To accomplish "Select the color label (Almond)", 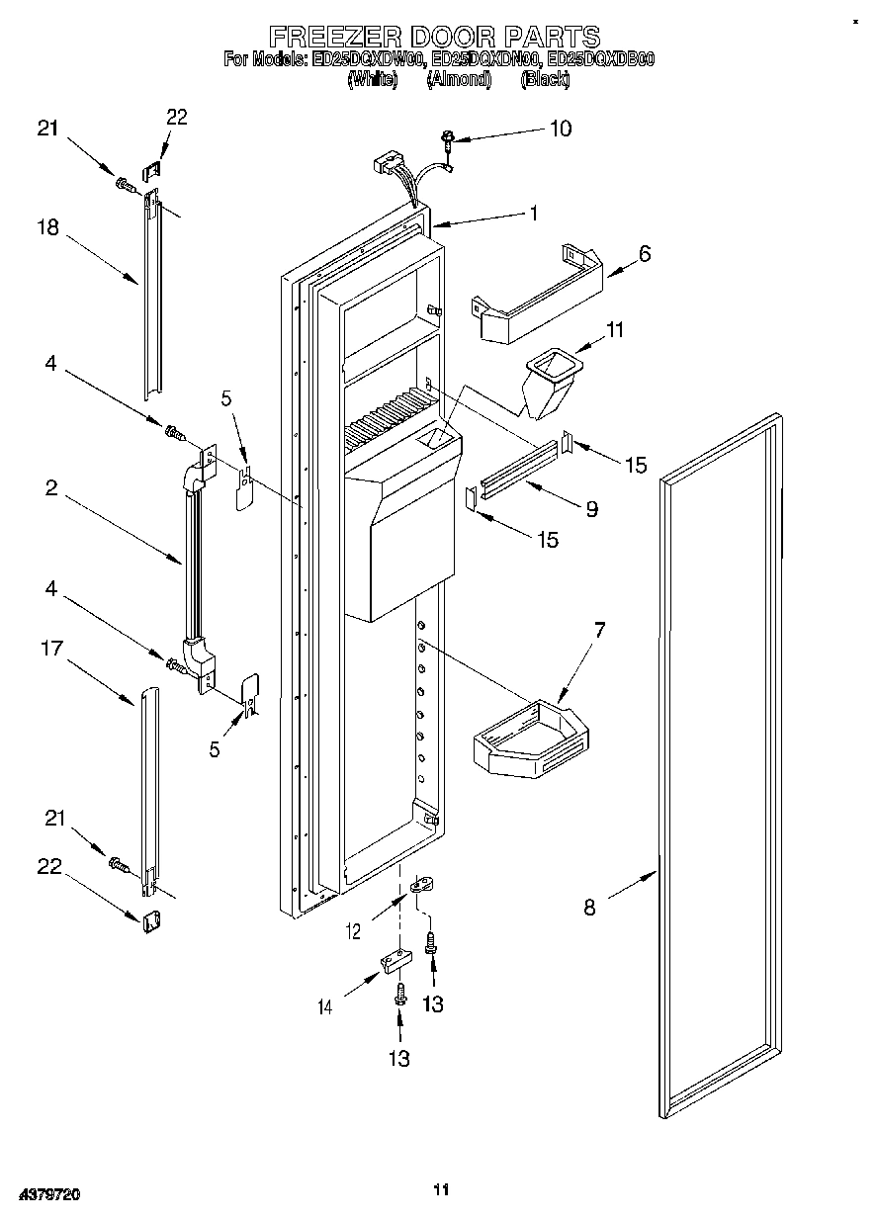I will point(459,80).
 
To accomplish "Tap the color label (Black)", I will point(545,80).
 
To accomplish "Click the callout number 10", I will point(560,129).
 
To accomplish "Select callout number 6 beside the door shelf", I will point(645,253).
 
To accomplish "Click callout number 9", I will point(591,509).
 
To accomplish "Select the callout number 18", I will point(48,227).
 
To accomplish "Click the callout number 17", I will point(50,649).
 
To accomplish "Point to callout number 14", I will point(325,1007).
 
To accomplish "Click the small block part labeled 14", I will point(393,961).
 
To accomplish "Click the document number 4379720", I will point(47,1195).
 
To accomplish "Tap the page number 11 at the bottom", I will point(441,1189).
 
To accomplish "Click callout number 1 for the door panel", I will point(533,212).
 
